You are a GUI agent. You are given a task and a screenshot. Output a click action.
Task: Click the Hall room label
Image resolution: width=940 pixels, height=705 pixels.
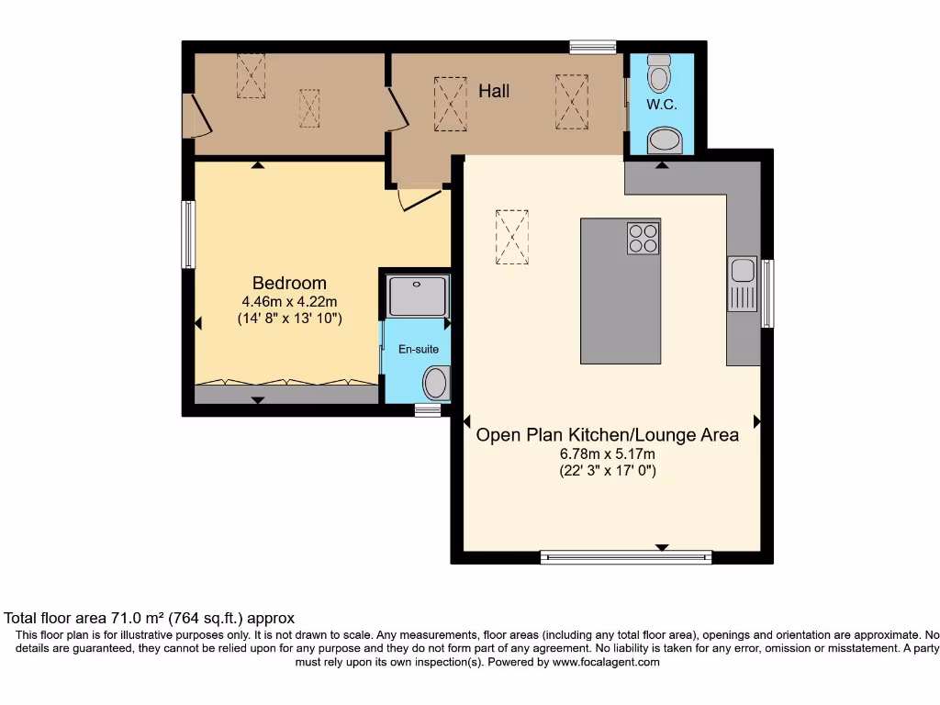494,91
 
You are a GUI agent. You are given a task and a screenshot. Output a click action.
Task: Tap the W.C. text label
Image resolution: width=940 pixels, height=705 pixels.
661,105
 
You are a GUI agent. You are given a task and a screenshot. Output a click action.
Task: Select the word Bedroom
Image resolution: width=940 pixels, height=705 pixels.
289,283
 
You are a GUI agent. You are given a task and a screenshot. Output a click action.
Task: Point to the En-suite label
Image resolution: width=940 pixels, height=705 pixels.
418,349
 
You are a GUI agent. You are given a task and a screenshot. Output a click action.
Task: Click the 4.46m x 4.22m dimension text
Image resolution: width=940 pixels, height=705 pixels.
289,302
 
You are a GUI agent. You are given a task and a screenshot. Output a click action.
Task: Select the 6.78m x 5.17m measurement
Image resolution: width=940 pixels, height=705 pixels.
607,453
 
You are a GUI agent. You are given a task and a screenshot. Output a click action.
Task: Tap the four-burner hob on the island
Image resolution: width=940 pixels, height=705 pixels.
643,238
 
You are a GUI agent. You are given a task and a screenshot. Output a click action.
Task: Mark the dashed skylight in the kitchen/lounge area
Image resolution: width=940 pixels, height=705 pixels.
512,237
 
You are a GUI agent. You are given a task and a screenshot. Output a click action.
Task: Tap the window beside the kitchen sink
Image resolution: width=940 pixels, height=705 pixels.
767,294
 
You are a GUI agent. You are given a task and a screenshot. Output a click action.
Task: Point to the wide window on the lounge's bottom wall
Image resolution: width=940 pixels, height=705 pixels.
625,555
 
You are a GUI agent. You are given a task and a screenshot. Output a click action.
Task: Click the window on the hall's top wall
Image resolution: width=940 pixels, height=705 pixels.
592,47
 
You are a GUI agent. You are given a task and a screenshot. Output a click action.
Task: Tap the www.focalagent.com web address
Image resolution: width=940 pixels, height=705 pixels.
605,662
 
